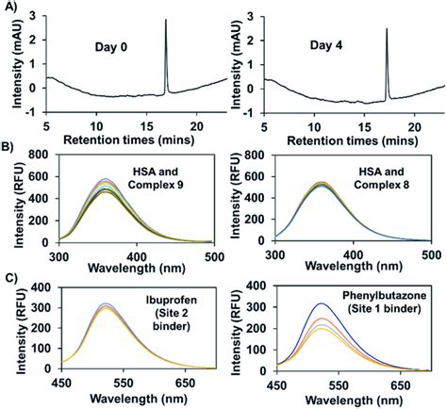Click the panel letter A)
tap(10, 8)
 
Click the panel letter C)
tap(10, 274)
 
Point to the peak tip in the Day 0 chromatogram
tap(166, 20)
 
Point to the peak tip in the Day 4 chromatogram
tap(386, 28)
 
